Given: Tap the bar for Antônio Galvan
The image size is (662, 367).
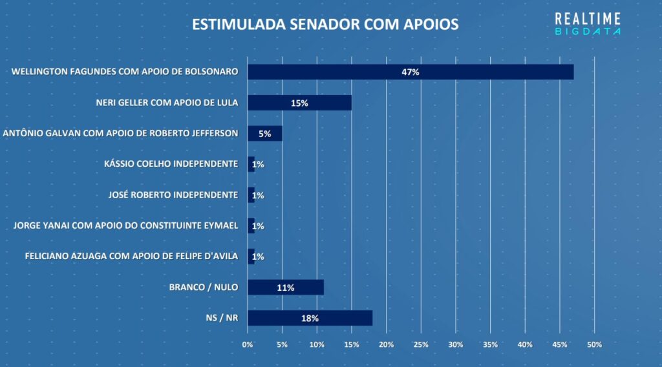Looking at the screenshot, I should (x=264, y=134).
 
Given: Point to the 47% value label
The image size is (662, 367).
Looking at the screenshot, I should (x=411, y=72).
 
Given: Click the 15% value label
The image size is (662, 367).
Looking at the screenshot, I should (x=299, y=103).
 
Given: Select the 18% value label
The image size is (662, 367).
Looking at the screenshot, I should (x=310, y=318).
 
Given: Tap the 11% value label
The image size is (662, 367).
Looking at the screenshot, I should (x=285, y=288).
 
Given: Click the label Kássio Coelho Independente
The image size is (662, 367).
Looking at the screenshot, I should (x=171, y=164).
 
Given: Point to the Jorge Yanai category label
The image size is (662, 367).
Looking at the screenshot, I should (x=126, y=226).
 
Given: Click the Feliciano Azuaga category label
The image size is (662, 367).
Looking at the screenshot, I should (x=131, y=257).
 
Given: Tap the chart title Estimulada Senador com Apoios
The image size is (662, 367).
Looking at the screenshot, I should (x=325, y=25).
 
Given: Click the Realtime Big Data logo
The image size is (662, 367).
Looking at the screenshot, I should (x=588, y=25).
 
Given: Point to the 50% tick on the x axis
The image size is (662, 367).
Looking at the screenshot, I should (x=594, y=344).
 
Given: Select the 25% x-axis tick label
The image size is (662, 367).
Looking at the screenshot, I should (x=421, y=344).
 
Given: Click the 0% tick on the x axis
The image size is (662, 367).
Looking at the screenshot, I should (x=248, y=344).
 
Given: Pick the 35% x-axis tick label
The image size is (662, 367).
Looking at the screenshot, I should (x=490, y=344).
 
